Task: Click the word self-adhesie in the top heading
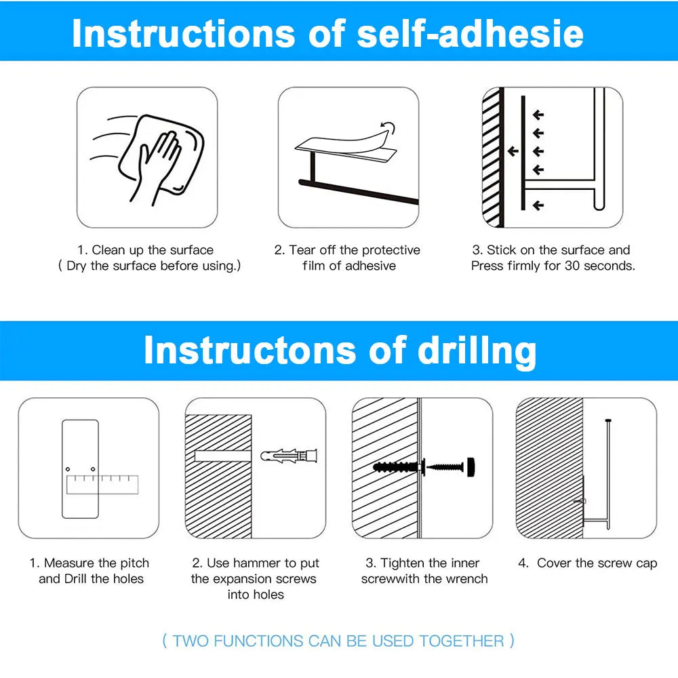pos(470,33)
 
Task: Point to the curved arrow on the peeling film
pos(386,126)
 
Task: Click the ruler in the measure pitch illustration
pos(102,483)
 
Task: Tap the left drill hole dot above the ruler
pos(68,469)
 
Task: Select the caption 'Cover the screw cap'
pos(597,563)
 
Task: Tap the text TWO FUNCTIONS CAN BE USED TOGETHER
pos(338,641)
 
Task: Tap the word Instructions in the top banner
pos(183,33)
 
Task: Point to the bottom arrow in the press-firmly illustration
pos(538,205)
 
